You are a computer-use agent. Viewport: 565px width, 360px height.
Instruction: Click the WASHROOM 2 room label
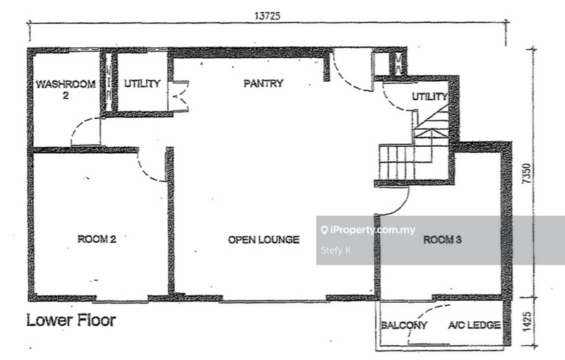pyautogui.click(x=66, y=89)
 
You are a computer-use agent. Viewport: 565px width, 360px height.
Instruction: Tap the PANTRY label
pyautogui.click(x=263, y=83)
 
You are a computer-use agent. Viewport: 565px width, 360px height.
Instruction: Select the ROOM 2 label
pyautogui.click(x=97, y=239)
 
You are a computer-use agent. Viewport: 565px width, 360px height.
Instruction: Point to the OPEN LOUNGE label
pyautogui.click(x=263, y=240)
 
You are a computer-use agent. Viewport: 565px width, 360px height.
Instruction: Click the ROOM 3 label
pyautogui.click(x=442, y=240)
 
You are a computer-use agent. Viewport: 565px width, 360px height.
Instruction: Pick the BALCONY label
pyautogui.click(x=404, y=325)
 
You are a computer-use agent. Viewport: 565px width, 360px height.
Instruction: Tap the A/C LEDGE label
pyautogui.click(x=474, y=325)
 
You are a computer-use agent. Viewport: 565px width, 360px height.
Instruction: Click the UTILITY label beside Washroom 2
pyautogui.click(x=143, y=83)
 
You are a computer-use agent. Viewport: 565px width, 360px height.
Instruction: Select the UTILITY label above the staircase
pyautogui.click(x=429, y=97)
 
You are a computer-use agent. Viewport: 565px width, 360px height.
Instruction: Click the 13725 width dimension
pyautogui.click(x=267, y=16)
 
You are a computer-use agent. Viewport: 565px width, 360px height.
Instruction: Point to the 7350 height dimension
pyautogui.click(x=526, y=174)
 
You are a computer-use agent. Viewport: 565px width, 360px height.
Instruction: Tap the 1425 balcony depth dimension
pyautogui.click(x=526, y=322)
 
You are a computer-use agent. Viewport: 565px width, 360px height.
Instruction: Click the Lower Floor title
pyautogui.click(x=71, y=320)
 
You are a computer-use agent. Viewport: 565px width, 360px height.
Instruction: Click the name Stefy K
pyautogui.click(x=336, y=250)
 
